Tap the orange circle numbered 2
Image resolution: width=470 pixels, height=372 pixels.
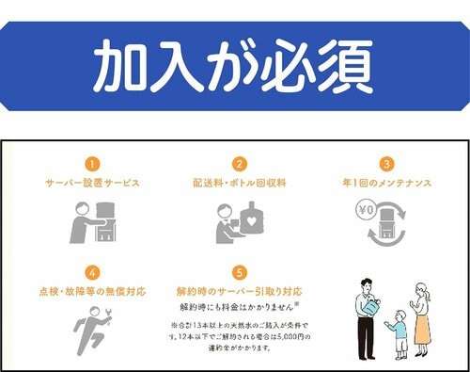pyautogui.click(x=239, y=163)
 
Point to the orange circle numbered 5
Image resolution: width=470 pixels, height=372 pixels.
pyautogui.click(x=239, y=272)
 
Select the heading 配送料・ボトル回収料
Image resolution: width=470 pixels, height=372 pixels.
pyautogui.click(x=239, y=183)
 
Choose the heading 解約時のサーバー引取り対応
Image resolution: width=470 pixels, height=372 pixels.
pyautogui.click(x=239, y=291)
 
